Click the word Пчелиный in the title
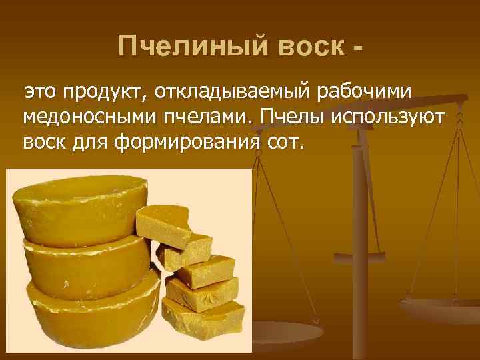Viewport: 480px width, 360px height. pos(177,47)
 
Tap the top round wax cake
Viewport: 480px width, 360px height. pos(77,207)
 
